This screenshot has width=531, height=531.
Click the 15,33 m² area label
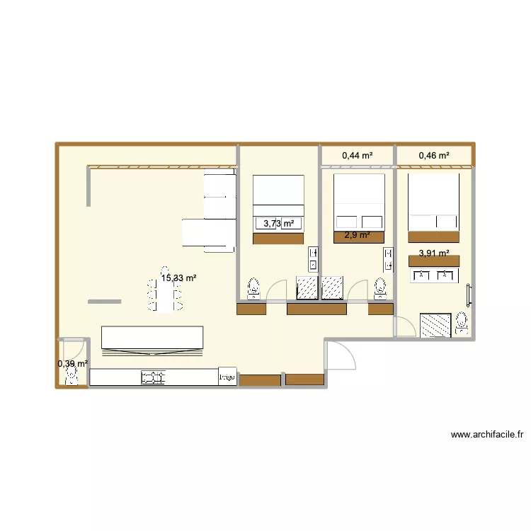tap(178, 279)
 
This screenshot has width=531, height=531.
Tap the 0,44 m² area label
tap(357, 155)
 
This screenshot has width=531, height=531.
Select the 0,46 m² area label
tap(434, 155)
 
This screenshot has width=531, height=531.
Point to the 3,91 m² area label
tap(434, 253)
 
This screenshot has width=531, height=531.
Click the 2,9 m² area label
tap(357, 235)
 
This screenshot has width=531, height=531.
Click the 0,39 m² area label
tap(73, 364)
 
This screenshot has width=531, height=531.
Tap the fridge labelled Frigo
tap(227, 377)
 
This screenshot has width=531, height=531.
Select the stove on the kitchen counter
tap(154, 378)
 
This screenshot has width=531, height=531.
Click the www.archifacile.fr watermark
tap(491, 435)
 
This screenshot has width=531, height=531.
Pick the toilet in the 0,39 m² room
tap(72, 377)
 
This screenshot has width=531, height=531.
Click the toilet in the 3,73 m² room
tap(253, 288)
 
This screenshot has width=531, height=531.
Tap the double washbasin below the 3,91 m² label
tap(434, 275)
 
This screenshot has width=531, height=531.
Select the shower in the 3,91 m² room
tap(435, 325)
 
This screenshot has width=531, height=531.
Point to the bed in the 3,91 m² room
tap(433, 205)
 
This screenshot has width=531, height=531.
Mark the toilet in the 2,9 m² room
tap(380, 287)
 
